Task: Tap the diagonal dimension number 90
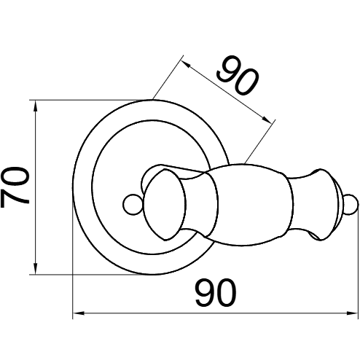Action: (x=238, y=75)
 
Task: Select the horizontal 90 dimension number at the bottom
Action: (x=216, y=292)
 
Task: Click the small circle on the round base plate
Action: (x=133, y=204)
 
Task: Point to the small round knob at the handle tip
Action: (x=351, y=204)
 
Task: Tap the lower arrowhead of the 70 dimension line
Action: (x=36, y=268)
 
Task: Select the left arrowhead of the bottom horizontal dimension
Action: (x=79, y=313)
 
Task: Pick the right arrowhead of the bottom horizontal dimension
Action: (x=353, y=313)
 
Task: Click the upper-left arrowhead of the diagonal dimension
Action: (x=187, y=64)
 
